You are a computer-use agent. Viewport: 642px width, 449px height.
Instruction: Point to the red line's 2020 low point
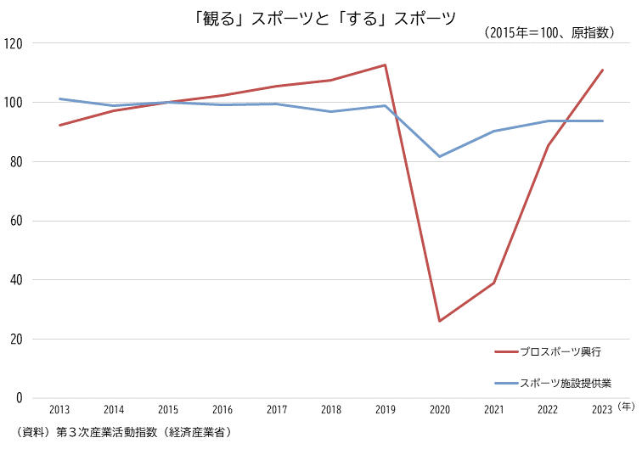(440, 321)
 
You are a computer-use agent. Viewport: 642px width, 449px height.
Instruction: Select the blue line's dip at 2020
(440, 156)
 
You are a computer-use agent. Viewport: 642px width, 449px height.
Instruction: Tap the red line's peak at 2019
(386, 65)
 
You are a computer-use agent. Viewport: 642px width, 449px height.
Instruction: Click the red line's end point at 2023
(603, 70)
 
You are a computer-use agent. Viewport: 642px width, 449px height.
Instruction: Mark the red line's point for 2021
(494, 283)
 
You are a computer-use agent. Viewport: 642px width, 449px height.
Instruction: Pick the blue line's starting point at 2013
(59, 98)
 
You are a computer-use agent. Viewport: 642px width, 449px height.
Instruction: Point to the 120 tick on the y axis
(14, 43)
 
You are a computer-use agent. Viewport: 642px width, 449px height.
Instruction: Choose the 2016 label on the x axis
(222, 410)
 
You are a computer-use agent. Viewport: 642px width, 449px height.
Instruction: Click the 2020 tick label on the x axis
(440, 410)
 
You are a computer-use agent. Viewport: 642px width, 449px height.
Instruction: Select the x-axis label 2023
(602, 410)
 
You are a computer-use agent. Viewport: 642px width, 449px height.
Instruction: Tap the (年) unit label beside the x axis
(626, 407)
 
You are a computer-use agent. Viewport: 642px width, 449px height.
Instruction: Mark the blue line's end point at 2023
(603, 121)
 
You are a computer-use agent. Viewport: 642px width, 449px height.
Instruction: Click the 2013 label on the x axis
(59, 410)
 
